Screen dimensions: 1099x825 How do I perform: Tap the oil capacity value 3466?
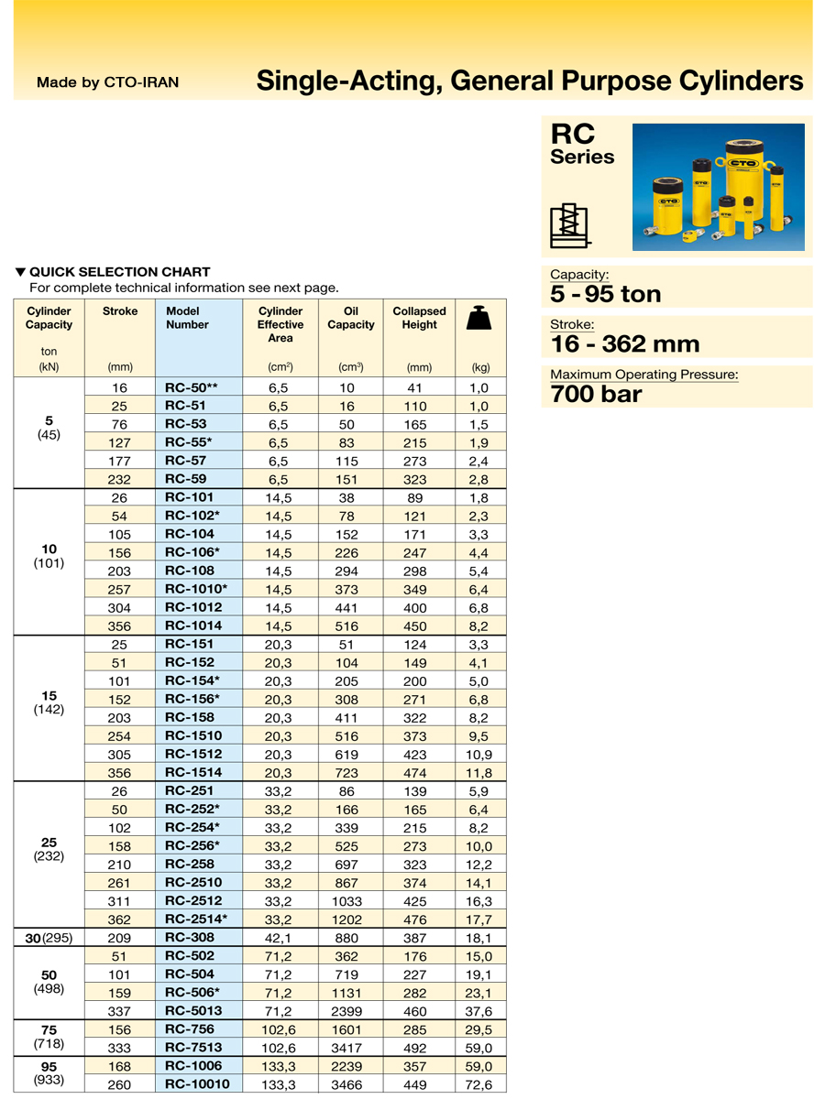point(350,1084)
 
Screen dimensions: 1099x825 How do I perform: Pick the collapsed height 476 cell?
point(419,919)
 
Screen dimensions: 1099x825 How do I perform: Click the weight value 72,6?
point(479,1084)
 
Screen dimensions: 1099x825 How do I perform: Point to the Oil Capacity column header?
point(351,318)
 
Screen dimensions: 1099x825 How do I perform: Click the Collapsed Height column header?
point(419,318)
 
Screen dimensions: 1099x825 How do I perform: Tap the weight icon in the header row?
point(479,317)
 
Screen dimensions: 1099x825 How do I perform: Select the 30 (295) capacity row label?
point(49,938)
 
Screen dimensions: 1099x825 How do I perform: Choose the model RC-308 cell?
point(189,938)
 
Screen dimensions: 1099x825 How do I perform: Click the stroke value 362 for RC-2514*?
point(120,919)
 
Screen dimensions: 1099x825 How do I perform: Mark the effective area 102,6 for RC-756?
point(280,1029)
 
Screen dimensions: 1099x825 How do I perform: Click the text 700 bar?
point(596,395)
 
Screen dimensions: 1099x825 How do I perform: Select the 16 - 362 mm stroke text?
point(624,344)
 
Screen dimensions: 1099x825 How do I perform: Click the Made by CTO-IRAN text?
point(107,82)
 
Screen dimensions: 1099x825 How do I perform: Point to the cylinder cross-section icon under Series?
point(569,223)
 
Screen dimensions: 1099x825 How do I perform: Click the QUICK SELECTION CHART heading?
point(119,272)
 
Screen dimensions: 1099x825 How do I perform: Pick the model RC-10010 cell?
point(197,1084)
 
